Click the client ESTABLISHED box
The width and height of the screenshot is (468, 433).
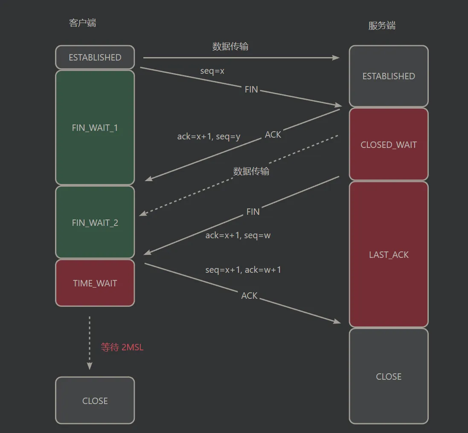pyautogui.click(x=95, y=57)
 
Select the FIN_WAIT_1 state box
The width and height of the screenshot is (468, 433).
pyautogui.click(x=95, y=127)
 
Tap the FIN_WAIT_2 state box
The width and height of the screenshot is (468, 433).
pyautogui.click(x=95, y=222)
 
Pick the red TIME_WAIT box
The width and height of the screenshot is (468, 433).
pyautogui.click(x=95, y=283)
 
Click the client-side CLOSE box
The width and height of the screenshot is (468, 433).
pyautogui.click(x=95, y=401)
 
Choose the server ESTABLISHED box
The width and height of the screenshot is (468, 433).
pyautogui.click(x=389, y=76)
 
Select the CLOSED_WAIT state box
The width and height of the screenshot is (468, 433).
pyautogui.click(x=389, y=144)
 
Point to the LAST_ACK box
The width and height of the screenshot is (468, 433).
pyautogui.click(x=389, y=254)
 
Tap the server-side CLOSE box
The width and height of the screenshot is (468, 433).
pyautogui.click(x=389, y=376)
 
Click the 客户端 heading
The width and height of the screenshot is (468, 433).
pyautogui.click(x=83, y=23)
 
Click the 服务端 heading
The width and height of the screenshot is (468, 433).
pyautogui.click(x=382, y=26)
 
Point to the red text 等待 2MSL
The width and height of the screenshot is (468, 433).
pyautogui.click(x=122, y=347)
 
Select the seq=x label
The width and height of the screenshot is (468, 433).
pyautogui.click(x=212, y=71)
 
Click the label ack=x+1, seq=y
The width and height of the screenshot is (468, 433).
pyautogui.click(x=209, y=137)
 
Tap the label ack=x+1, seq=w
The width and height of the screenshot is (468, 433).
pyautogui.click(x=238, y=235)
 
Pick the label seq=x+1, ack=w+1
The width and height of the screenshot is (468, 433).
pyautogui.click(x=243, y=270)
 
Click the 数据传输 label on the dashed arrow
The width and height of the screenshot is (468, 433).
pyautogui.click(x=251, y=171)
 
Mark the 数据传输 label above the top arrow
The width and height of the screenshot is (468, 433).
pyautogui.click(x=230, y=46)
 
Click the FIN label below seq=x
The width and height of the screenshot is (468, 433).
pyautogui.click(x=251, y=89)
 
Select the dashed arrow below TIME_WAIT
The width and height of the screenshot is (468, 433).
pyautogui.click(x=90, y=343)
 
